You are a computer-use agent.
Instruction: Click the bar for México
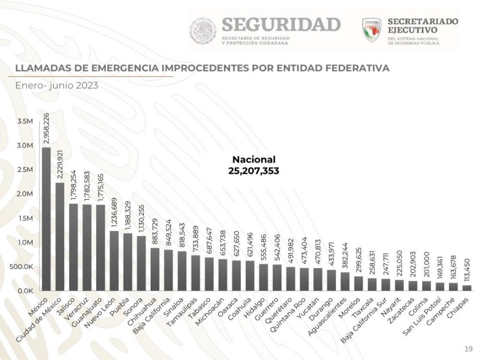[46, 219]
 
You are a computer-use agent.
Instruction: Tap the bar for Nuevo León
[114, 260]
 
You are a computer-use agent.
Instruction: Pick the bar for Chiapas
[466, 288]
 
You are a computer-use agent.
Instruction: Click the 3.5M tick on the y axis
[25, 121]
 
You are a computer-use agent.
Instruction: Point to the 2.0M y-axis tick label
[25, 194]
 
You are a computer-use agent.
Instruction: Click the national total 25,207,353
[254, 171]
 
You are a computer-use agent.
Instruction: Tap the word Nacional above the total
[254, 160]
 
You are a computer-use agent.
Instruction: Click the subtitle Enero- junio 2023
[56, 85]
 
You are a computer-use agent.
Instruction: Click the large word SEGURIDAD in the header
[280, 24]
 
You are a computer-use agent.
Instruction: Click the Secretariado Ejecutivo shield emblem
[372, 30]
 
